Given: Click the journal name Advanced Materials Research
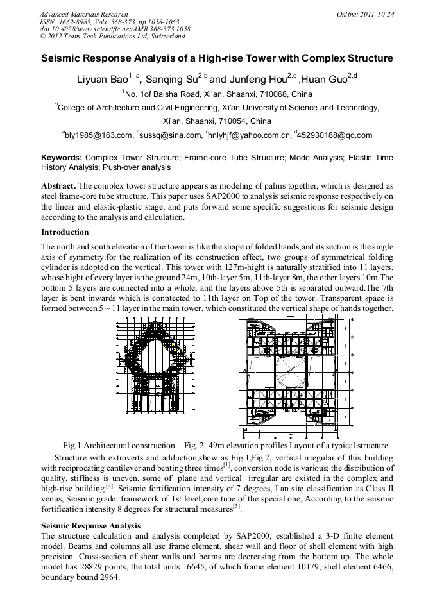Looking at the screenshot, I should point(83,13).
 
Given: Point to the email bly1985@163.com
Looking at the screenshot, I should point(98,135).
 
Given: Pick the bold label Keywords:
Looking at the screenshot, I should point(62,157).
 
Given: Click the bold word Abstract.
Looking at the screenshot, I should point(58,185).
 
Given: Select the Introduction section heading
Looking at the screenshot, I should point(65,232).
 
